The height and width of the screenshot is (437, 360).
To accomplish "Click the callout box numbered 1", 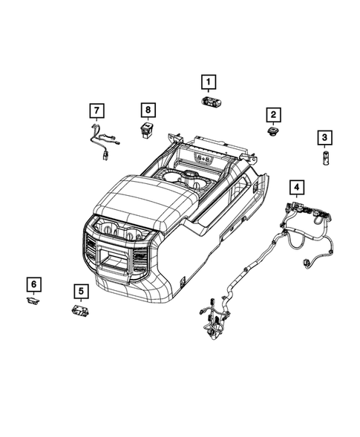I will pyautogui.click(x=209, y=82).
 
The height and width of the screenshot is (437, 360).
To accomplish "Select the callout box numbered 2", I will pyautogui.click(x=273, y=114).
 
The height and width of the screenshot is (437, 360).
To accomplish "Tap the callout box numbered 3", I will pyautogui.click(x=324, y=137).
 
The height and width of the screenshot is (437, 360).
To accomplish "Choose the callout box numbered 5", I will pyautogui.click(x=80, y=290).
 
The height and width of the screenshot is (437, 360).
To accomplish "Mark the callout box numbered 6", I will pyautogui.click(x=33, y=283).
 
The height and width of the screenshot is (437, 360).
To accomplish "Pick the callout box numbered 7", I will pyautogui.click(x=96, y=111).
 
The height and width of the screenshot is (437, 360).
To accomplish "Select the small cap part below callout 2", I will pyautogui.click(x=272, y=131).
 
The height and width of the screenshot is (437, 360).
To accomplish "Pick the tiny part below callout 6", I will pyautogui.click(x=32, y=300).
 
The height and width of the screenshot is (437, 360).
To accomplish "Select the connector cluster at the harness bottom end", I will pyautogui.click(x=210, y=315).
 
